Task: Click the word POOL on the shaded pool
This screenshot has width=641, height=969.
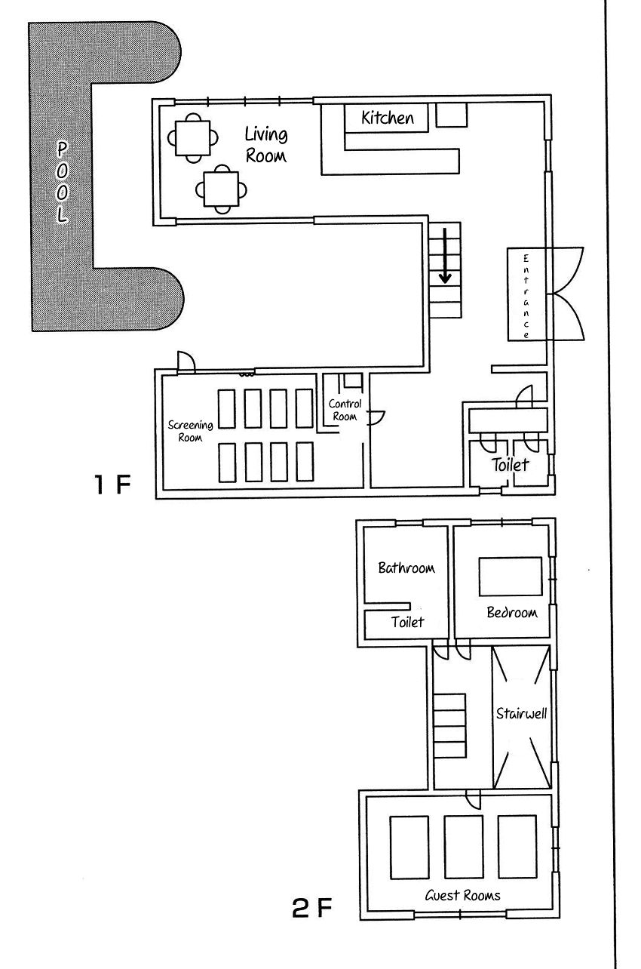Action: click(x=63, y=182)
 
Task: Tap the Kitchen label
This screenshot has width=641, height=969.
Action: click(x=388, y=118)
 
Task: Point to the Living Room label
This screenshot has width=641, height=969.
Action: click(x=265, y=144)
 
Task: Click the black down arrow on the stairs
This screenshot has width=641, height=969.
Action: click(x=445, y=256)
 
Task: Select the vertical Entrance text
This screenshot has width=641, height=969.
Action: click(x=526, y=297)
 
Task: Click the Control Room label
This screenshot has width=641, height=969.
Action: click(x=345, y=410)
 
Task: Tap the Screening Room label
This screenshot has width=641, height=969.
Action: click(x=190, y=431)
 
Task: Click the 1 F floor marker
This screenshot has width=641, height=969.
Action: click(x=112, y=484)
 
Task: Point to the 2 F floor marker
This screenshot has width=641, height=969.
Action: click(x=312, y=907)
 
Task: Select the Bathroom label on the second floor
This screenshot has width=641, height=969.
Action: click(x=406, y=568)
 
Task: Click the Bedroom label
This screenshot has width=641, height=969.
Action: click(x=512, y=612)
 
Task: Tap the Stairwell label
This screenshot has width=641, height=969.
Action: click(x=521, y=713)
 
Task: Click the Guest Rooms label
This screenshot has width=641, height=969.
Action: click(x=462, y=895)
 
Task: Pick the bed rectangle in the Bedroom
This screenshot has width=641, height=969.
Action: click(x=511, y=577)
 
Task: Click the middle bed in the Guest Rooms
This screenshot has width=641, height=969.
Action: click(x=463, y=847)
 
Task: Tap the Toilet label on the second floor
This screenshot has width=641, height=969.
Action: click(x=407, y=622)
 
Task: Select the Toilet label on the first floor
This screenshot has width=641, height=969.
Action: click(x=510, y=465)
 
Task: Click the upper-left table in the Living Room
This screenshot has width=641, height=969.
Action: click(x=193, y=138)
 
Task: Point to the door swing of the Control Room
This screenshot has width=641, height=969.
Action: click(x=376, y=418)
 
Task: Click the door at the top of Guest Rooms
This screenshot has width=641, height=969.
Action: click(x=473, y=798)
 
